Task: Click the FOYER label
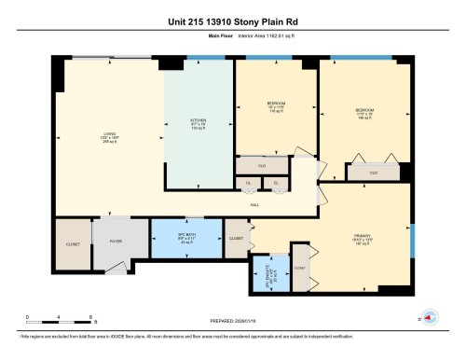(116, 241)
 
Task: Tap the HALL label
(254, 204)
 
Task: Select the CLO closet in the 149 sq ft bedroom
(374, 172)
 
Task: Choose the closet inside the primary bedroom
(300, 267)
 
